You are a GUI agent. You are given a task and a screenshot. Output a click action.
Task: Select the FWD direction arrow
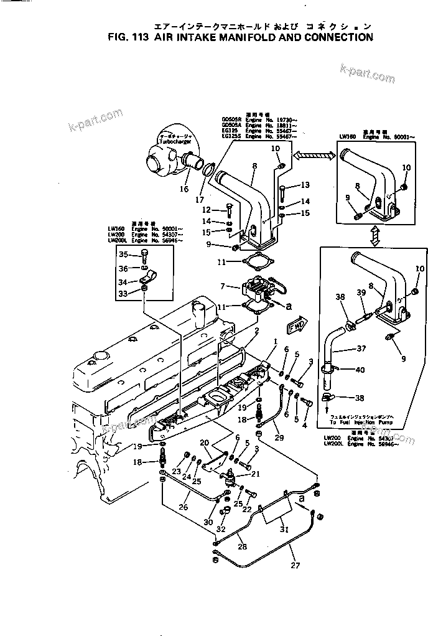295,325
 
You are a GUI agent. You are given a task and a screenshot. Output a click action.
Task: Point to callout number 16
184,189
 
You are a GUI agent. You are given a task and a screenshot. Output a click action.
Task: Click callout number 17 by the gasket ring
200,200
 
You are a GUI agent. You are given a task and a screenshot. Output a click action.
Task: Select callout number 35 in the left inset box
122,254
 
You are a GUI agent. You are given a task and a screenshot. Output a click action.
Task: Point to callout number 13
305,185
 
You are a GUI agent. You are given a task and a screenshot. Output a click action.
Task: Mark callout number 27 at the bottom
294,566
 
